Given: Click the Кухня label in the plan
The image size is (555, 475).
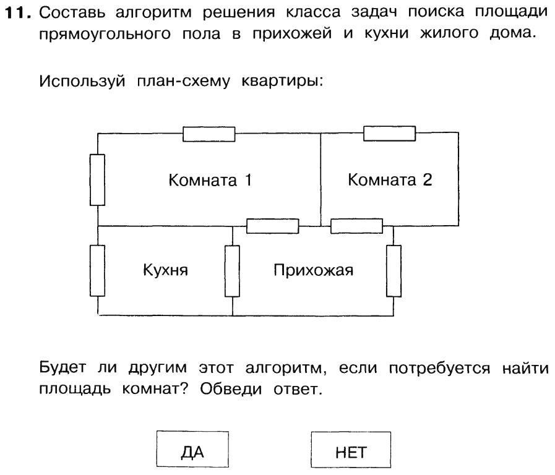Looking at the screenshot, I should coord(165,270).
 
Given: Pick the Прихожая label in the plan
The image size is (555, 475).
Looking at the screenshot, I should coord(313,270).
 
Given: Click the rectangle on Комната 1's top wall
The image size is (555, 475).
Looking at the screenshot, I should coord(209,134).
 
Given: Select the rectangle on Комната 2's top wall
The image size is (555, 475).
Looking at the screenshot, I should coord(389,133).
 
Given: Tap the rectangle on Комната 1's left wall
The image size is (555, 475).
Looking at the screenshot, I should coord(97,179).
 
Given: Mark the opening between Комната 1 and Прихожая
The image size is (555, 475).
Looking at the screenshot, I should coord(273,226).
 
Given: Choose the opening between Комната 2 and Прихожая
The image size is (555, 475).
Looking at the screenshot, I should coord(356,226).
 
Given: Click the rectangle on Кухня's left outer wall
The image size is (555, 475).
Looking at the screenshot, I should coord(97,271).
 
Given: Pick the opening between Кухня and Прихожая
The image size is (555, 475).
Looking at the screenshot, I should coord(232,271).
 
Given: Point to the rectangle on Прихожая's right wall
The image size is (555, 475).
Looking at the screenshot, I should coord(394,271).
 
